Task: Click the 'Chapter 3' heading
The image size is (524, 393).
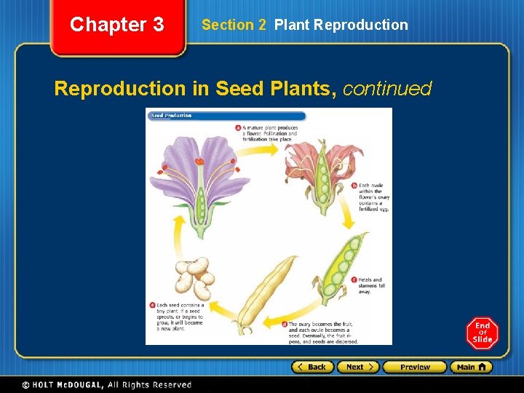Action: [x=116, y=25]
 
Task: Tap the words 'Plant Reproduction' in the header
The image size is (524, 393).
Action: [x=341, y=25]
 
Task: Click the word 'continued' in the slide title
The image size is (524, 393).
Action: [x=387, y=89]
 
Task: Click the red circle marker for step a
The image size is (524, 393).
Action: [x=238, y=127]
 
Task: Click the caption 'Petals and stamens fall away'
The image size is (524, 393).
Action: [x=371, y=285]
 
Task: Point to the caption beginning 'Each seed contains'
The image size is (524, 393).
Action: [x=179, y=317]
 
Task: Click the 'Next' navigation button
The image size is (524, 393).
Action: [x=358, y=367]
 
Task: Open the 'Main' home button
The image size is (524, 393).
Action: [x=471, y=367]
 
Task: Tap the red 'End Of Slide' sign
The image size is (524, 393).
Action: [x=482, y=333]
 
